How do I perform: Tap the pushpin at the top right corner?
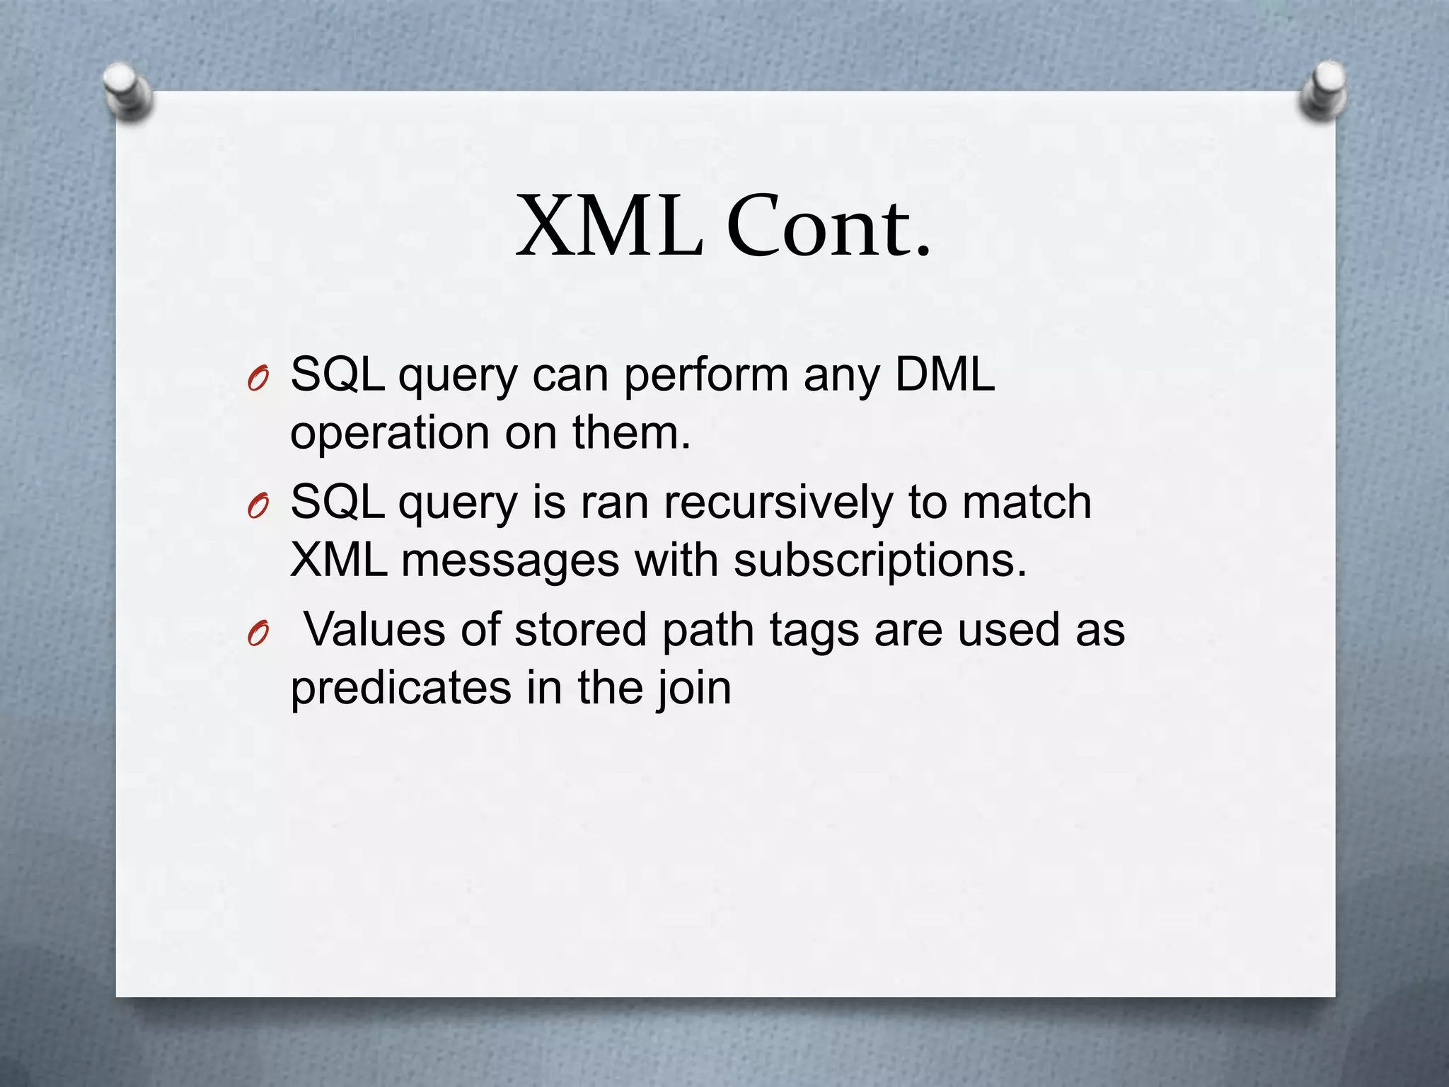(x=1324, y=91)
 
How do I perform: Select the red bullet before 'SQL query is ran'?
(x=258, y=507)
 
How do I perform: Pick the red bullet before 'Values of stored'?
(x=258, y=635)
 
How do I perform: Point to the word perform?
(x=705, y=375)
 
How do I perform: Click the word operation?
(x=390, y=433)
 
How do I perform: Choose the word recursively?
(x=778, y=502)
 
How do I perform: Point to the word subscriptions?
(x=879, y=561)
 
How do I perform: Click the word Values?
(x=375, y=629)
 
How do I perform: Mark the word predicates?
(x=400, y=688)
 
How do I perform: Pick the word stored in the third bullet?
(x=580, y=629)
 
